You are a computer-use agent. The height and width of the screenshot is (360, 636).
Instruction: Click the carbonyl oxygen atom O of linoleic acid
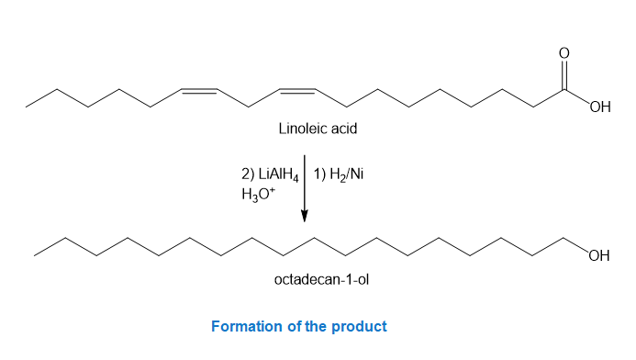click(563, 52)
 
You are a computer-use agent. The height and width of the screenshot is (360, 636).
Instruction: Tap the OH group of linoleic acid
click(600, 107)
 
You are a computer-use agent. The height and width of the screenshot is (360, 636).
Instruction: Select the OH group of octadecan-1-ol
click(599, 255)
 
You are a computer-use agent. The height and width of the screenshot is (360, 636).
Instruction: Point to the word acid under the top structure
click(344, 129)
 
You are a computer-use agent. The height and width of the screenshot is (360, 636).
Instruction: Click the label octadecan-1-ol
click(321, 279)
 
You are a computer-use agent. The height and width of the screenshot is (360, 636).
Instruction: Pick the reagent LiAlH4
click(278, 174)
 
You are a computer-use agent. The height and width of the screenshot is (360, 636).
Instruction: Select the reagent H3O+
click(259, 195)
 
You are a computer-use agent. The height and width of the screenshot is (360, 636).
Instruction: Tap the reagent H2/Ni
click(346, 174)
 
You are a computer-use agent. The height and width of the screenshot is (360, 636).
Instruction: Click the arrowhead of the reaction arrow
click(304, 216)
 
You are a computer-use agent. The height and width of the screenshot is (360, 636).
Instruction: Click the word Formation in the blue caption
click(247, 326)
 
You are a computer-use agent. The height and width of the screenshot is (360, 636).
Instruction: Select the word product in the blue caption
click(359, 327)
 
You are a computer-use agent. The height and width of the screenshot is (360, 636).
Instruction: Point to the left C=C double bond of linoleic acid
click(199, 91)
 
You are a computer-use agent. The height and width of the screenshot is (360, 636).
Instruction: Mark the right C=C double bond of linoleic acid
click(297, 91)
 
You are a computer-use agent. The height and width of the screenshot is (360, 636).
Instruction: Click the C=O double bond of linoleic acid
click(563, 74)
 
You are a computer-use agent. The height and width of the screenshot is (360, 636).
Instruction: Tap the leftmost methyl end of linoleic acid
click(26, 107)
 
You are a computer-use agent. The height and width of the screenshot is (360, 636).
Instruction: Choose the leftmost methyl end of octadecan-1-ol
click(35, 255)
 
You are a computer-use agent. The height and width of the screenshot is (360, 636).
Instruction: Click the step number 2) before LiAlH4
click(248, 174)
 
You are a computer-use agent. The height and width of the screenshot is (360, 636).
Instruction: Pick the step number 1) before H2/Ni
click(319, 174)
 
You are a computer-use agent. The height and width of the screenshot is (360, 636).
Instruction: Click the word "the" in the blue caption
click(316, 326)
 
